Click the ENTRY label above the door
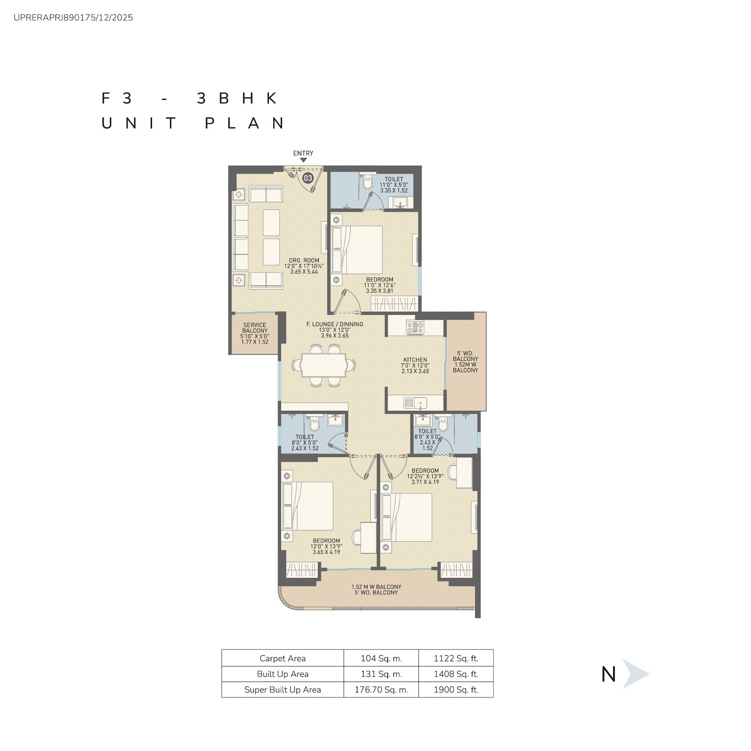303,153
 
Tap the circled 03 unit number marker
308,178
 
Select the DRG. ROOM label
304,261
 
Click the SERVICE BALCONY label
255,328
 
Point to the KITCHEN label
415,360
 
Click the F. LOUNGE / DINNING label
335,324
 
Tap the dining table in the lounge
324,365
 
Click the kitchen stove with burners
415,327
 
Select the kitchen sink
415,403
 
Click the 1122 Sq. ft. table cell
456,659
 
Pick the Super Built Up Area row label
283,690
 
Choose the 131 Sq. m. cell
381,674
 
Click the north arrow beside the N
635,674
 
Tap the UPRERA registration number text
73,18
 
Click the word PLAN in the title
245,123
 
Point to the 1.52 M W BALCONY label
376,587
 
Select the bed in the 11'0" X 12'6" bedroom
357,250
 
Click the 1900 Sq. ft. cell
456,690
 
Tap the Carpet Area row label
283,659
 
